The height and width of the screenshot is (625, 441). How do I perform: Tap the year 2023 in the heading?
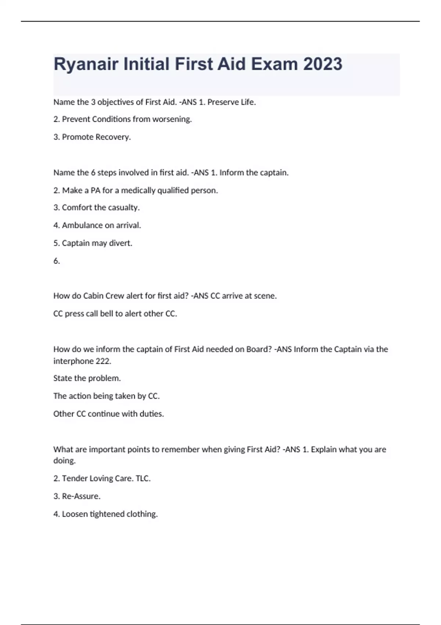[323, 64]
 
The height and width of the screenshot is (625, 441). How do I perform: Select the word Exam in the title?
[274, 64]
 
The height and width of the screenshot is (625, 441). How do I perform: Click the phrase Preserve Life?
[231, 102]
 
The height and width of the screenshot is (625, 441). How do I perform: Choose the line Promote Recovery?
[92, 137]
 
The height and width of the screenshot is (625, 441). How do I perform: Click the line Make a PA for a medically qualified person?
[136, 190]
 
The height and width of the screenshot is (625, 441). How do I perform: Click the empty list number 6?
[57, 261]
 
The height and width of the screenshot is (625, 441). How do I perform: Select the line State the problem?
[87, 378]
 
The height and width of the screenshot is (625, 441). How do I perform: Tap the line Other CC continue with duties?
[109, 414]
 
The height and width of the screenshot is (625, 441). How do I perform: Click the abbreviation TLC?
[143, 479]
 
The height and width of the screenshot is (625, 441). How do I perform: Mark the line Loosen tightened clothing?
[105, 514]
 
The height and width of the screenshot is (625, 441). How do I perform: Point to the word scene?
[265, 296]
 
